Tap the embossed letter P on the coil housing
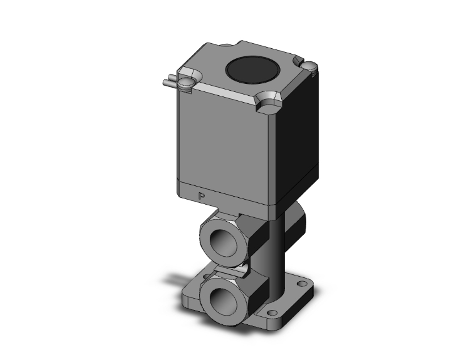[202, 197]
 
